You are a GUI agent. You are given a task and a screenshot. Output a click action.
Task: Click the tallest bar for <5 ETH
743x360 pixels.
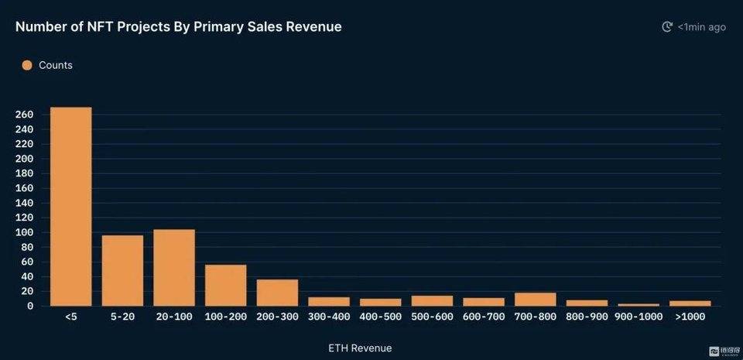click(71, 207)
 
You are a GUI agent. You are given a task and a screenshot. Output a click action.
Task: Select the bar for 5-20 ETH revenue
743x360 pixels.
click(122, 270)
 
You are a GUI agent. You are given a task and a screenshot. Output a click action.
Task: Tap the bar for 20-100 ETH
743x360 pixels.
click(174, 268)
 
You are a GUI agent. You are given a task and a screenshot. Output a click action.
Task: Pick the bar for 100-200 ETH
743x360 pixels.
click(225, 285)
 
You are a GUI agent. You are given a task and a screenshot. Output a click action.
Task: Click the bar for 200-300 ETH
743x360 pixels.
click(277, 293)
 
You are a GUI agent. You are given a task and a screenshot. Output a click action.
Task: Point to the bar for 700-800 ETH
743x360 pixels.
click(535, 300)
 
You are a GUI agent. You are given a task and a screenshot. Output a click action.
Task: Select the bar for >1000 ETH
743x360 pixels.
click(690, 303)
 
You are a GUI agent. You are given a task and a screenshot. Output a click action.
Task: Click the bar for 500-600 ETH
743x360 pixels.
click(432, 301)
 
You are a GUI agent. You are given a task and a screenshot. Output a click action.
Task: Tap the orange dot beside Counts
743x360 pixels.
click(27, 65)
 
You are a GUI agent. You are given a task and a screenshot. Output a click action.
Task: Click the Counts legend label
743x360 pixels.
click(56, 65)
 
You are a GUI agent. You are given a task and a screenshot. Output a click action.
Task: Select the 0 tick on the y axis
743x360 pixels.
click(30, 306)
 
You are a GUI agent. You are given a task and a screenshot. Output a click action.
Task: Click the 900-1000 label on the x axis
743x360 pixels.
click(639, 317)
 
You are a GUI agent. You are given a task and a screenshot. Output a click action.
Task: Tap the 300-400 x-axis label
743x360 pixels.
click(329, 317)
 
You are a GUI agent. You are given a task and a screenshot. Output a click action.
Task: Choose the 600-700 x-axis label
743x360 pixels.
click(483, 317)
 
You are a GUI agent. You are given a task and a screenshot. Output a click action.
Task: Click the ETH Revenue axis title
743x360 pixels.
click(360, 348)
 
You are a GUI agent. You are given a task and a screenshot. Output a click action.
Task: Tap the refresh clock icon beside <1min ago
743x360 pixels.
click(667, 27)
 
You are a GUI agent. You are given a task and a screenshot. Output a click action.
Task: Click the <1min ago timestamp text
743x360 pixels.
click(702, 27)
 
